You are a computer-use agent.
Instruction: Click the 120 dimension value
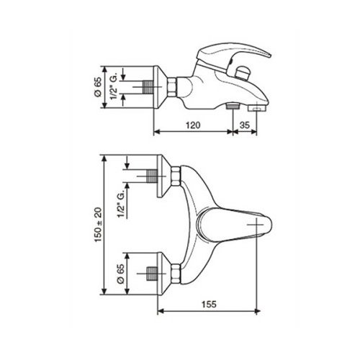tap(193, 125)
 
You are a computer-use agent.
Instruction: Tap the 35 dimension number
tap(245, 125)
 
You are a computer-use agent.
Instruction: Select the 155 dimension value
tap(209, 305)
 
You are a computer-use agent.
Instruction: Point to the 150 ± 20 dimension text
tap(98, 225)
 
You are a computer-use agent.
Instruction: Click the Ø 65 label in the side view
tap(98, 86)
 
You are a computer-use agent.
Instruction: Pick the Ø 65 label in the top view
tap(121, 274)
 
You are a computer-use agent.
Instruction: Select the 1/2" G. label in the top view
tap(122, 204)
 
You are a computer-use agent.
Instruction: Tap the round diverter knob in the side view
tap(242, 73)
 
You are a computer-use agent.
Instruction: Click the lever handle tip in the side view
tap(269, 55)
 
